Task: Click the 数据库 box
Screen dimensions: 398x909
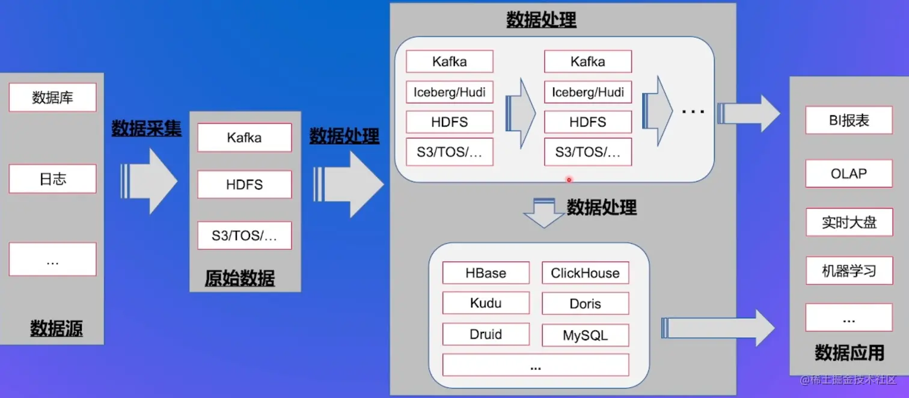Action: click(52, 97)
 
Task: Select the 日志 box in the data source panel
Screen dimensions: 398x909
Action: click(52, 179)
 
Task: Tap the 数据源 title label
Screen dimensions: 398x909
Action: click(57, 328)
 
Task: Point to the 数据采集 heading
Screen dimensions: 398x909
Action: click(146, 128)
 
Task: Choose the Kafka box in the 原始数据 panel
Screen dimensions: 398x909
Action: click(244, 138)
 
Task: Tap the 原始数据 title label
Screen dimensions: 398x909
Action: click(240, 278)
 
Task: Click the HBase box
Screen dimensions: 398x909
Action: click(486, 273)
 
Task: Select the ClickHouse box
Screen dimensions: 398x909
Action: click(585, 273)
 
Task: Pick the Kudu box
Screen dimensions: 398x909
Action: click(486, 303)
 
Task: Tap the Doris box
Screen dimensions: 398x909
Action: click(585, 304)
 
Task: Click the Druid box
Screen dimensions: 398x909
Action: click(486, 334)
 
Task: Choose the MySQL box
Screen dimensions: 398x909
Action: click(585, 335)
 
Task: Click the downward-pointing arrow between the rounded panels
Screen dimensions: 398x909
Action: click(543, 213)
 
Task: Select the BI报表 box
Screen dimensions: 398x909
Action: click(849, 120)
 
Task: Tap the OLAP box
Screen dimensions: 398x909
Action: click(849, 174)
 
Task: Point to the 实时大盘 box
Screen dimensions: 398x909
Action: click(849, 222)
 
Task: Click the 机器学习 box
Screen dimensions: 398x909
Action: click(849, 271)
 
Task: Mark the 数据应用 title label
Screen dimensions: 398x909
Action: click(849, 352)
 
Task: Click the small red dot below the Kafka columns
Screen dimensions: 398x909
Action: click(568, 179)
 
